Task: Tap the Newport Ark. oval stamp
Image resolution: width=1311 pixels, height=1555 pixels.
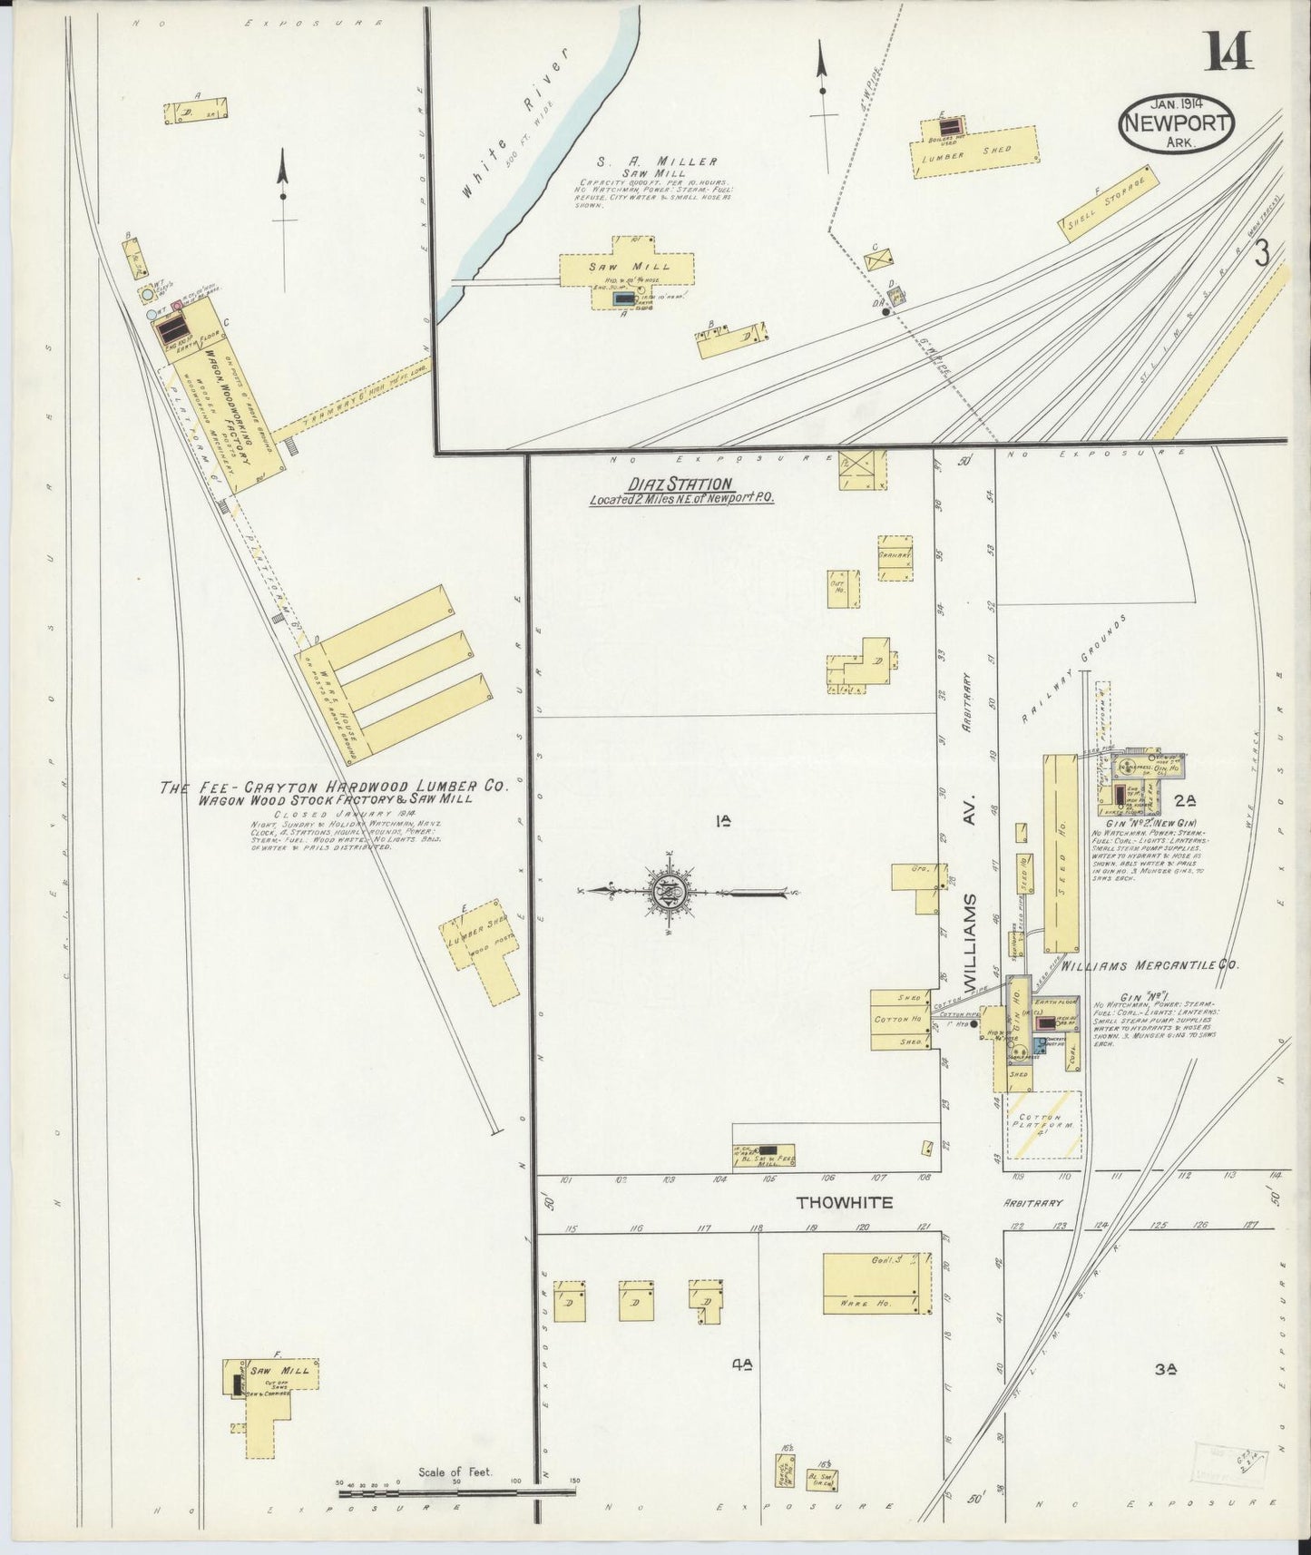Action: [1177, 124]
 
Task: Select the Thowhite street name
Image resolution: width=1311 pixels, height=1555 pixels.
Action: [844, 1203]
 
